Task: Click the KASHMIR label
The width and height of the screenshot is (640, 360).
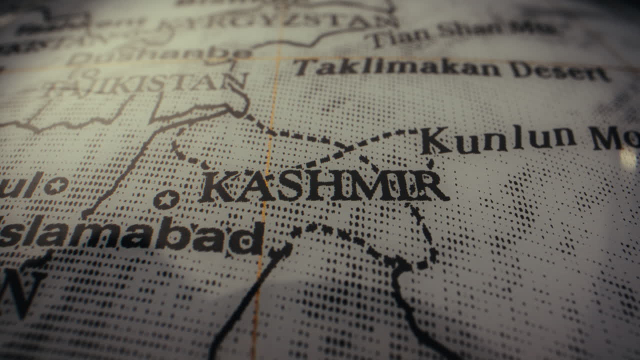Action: (x=324, y=186)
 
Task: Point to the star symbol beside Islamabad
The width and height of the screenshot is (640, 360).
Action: (x=166, y=199)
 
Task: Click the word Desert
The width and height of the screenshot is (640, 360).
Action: (x=560, y=71)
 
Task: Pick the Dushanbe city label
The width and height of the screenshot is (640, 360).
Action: (x=160, y=55)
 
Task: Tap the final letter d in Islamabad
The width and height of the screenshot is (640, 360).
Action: (x=250, y=239)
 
